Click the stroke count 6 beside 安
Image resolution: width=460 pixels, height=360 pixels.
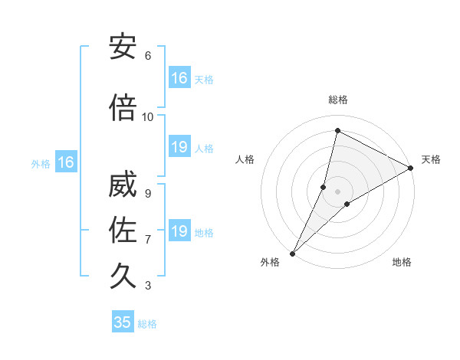[x=148, y=56]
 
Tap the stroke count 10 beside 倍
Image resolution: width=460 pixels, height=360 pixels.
[x=148, y=117]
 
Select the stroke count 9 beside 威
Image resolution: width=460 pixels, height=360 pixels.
[x=148, y=194]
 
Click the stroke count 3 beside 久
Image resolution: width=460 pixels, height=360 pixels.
[x=148, y=286]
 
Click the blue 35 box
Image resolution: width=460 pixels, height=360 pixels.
[x=123, y=322]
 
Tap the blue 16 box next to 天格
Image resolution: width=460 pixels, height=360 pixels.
[x=179, y=78]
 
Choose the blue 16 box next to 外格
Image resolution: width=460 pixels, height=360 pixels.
[x=65, y=162]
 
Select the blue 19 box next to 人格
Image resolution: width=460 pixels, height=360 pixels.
[x=179, y=147]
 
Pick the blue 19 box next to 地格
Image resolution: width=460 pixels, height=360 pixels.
[x=179, y=231]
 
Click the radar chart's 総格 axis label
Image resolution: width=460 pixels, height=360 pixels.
[x=338, y=100]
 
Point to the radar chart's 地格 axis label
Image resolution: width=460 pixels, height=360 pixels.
[x=402, y=263]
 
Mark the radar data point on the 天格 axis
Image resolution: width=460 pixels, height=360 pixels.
[x=411, y=169]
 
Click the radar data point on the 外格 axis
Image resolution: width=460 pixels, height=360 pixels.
[x=292, y=253]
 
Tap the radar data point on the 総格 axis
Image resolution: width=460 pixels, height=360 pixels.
[x=337, y=130]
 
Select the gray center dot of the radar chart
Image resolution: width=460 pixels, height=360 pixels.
[x=338, y=191]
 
